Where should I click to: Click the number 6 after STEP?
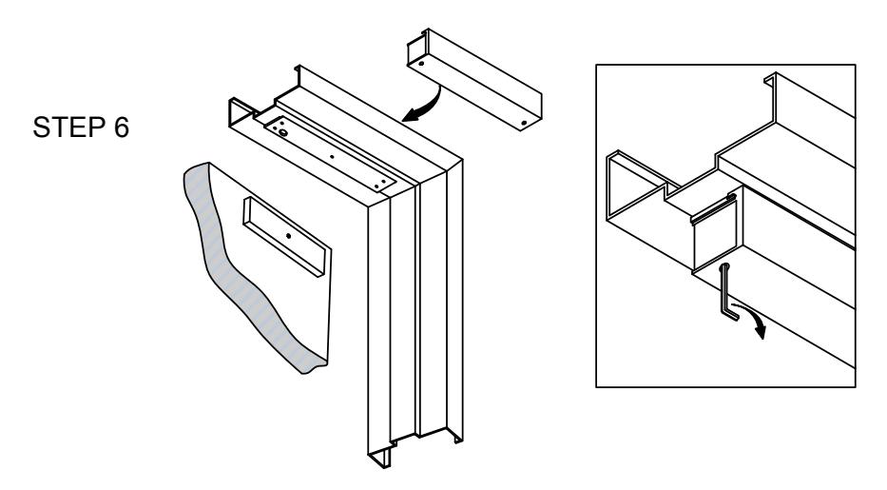coord(121,127)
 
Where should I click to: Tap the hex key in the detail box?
coord(728,291)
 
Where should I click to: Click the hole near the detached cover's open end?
coord(421,64)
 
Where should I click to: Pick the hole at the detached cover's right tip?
coord(524,122)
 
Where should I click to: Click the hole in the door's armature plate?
coord(288,235)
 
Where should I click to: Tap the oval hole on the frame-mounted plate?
coord(284,132)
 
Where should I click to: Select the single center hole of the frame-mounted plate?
coord(332,156)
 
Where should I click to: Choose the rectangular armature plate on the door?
coord(285,237)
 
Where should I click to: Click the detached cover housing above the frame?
coord(474,79)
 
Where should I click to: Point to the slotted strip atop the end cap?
coord(714,208)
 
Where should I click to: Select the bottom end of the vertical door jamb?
coord(415,447)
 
